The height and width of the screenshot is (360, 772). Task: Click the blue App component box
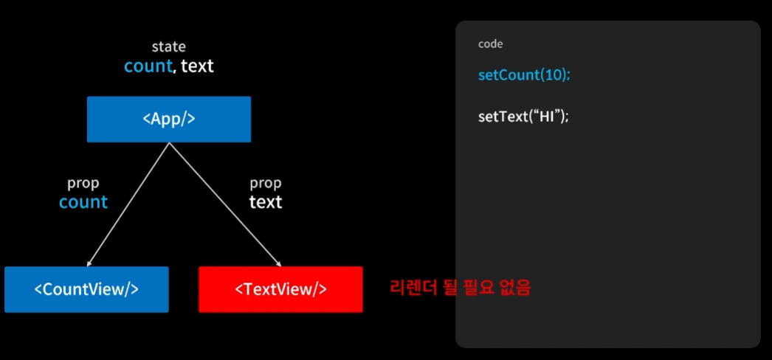tap(169, 119)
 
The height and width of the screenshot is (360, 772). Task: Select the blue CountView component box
tap(86, 289)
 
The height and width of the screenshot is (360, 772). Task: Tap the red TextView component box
tap(280, 289)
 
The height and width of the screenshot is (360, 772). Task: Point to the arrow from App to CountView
tap(129, 204)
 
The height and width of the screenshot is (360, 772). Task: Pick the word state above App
tap(169, 46)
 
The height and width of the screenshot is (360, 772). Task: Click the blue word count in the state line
tap(148, 66)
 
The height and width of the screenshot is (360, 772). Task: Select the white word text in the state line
tap(197, 66)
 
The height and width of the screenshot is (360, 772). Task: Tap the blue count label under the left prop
tap(83, 201)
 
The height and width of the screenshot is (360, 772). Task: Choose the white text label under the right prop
tap(266, 201)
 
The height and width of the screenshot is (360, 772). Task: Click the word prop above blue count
tap(83, 183)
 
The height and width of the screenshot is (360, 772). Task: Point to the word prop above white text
tap(266, 183)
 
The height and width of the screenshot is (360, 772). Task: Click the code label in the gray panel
tap(490, 44)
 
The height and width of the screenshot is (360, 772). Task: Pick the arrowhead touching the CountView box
tap(89, 263)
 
